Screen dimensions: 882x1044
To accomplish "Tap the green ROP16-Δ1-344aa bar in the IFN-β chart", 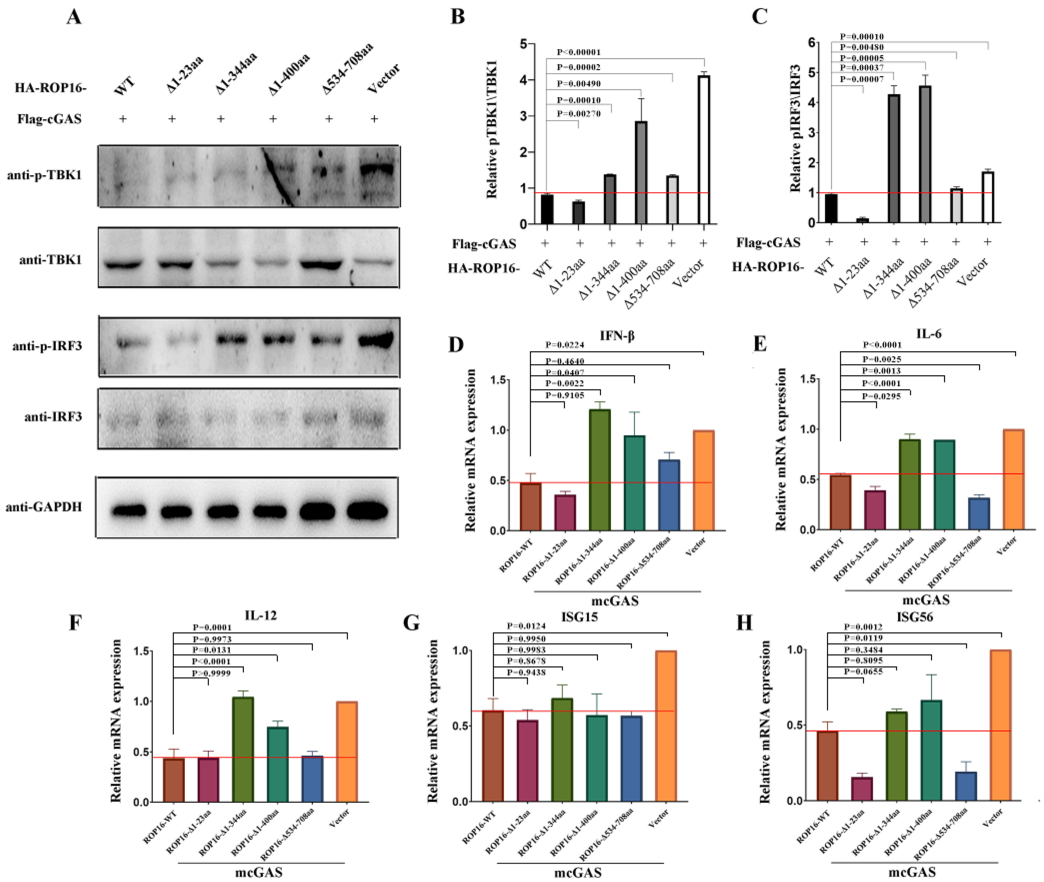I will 599,470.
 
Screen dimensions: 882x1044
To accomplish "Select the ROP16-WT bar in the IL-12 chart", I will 174,780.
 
